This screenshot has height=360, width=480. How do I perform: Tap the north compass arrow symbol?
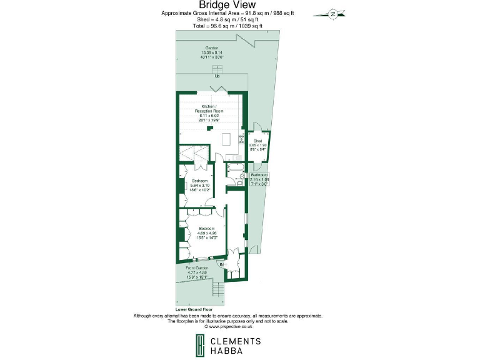click(332, 13)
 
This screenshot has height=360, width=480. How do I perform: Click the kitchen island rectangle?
click(227, 138)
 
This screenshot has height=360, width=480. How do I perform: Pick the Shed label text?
click(258, 141)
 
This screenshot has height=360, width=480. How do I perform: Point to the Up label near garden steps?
click(217, 76)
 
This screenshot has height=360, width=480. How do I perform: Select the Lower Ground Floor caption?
click(194, 309)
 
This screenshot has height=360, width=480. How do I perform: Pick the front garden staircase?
click(218, 290)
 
